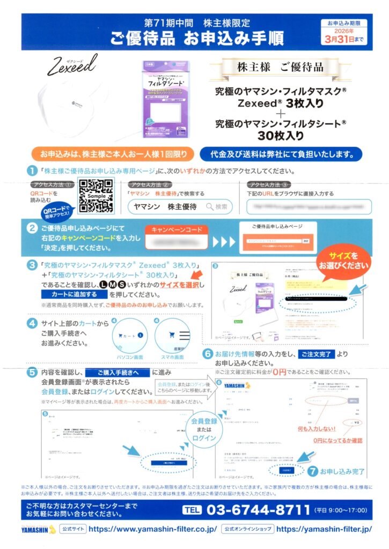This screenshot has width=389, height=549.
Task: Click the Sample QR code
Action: tap(96, 196)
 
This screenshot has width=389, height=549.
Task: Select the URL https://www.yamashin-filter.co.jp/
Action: tap(152, 529)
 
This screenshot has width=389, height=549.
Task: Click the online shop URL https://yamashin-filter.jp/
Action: tap(324, 529)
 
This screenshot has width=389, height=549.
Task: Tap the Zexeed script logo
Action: tap(71, 66)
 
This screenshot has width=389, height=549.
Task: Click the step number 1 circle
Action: tap(32, 171)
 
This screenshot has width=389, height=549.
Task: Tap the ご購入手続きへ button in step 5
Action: tap(116, 372)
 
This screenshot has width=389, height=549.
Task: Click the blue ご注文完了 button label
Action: tap(317, 354)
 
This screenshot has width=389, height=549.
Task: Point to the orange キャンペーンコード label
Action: tap(179, 229)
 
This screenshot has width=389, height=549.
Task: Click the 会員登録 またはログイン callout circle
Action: tap(203, 429)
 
